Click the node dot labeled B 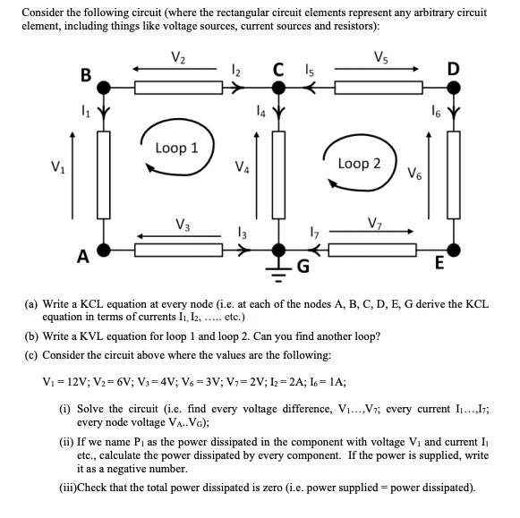tap(104, 88)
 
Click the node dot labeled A tap(104, 250)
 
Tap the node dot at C tap(278, 88)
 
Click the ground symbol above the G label tap(278, 266)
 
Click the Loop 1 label tap(176, 148)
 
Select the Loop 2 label tap(359, 164)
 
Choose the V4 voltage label tap(241, 166)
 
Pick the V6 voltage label tap(416, 173)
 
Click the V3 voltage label tap(183, 224)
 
